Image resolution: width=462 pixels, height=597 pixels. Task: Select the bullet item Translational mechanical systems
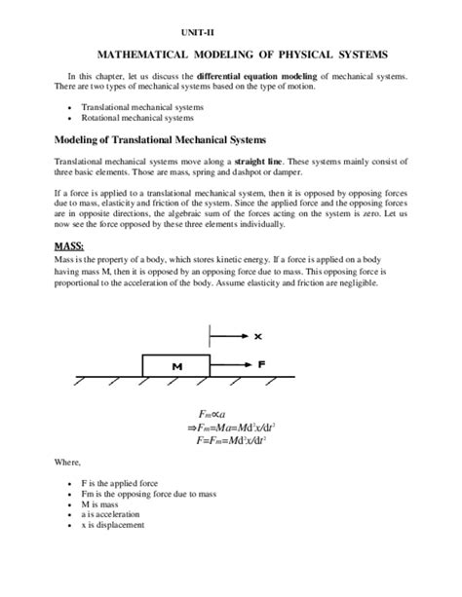coord(142,106)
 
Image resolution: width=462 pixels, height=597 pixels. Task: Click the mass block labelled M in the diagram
coord(175,366)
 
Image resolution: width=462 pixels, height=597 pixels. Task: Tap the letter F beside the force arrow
coord(262,365)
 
